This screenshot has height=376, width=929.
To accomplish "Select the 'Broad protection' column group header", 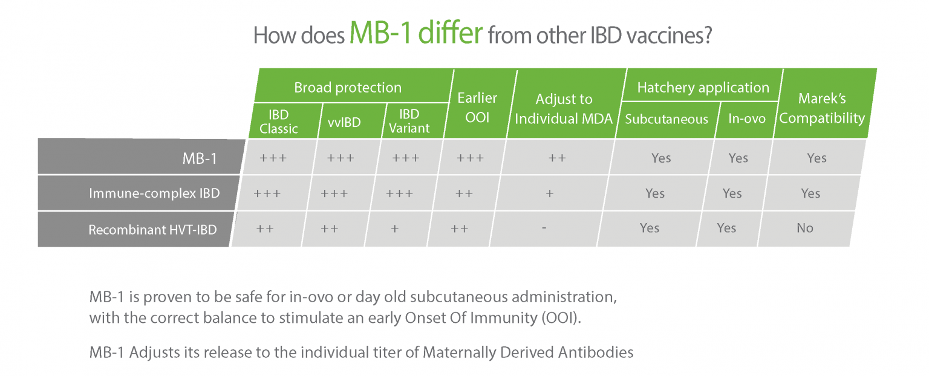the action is (348, 88).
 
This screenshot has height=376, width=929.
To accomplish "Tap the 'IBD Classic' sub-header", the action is (279, 122).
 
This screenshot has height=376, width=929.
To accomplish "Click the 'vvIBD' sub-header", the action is (344, 122).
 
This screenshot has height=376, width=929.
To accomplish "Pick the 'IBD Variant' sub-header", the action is (409, 121).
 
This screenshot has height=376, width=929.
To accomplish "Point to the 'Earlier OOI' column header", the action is (477, 108).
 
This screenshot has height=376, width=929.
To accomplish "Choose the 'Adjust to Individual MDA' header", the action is (564, 109).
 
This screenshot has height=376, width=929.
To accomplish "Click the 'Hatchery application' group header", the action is (703, 88).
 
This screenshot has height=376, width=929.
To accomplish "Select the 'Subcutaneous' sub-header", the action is (667, 120).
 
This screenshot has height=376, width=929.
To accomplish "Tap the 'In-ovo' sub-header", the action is (747, 118).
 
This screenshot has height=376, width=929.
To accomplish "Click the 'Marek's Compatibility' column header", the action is (822, 108).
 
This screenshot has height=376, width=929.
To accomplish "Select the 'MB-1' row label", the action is (200, 158).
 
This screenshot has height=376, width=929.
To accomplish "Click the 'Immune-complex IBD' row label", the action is (154, 193).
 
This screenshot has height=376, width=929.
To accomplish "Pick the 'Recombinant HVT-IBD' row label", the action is (152, 230).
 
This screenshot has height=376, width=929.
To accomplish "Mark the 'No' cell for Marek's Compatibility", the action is (805, 228).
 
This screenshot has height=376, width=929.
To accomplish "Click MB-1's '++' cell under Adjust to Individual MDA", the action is (557, 158).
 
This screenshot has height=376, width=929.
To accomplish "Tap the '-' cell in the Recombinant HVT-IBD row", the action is (544, 227).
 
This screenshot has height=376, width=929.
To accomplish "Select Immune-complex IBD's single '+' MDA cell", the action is (550, 193).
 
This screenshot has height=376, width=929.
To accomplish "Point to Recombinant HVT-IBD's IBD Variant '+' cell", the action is (395, 229).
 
